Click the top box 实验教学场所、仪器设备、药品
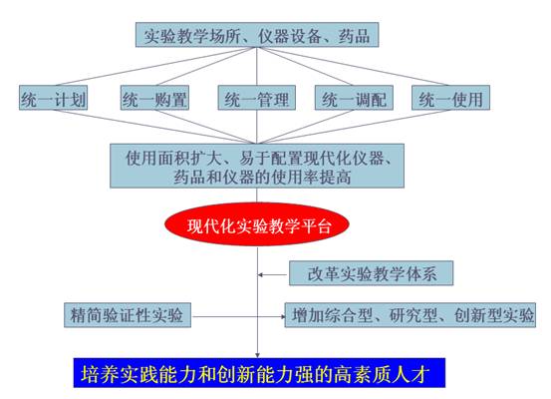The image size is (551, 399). [x=257, y=35]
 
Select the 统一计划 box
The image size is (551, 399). [x=53, y=98]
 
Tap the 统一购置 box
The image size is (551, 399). [x=154, y=98]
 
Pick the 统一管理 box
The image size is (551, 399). [x=256, y=98]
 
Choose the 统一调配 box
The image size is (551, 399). [x=354, y=98]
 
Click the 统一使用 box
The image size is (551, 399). [x=450, y=98]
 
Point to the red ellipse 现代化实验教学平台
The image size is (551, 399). [x=257, y=224]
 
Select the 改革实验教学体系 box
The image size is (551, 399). [x=371, y=273]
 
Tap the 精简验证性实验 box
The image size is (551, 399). [x=128, y=315]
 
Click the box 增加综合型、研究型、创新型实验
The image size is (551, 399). [x=411, y=315]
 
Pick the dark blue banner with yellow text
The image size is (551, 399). [x=259, y=373]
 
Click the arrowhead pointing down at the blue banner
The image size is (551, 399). [x=258, y=355]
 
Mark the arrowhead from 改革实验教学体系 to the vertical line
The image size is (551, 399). [x=260, y=274]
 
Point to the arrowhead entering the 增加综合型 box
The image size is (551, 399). [x=283, y=316]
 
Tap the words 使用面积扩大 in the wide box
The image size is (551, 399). [x=173, y=159]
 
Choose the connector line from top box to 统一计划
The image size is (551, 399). [x=155, y=66]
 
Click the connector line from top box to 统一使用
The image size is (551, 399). [x=354, y=66]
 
